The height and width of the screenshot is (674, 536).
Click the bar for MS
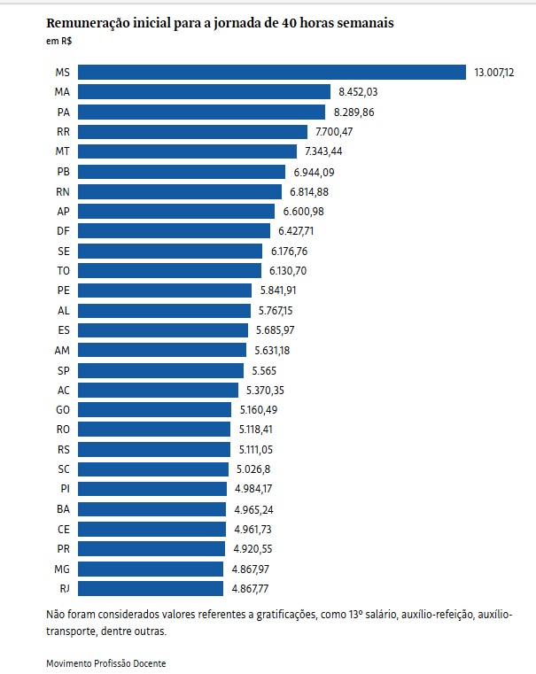[x=272, y=72]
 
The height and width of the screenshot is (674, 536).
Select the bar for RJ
[x=151, y=588]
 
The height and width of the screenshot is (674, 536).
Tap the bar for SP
[x=161, y=370]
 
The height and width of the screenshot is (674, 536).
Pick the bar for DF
[x=175, y=231]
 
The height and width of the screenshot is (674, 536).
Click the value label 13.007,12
[x=493, y=72]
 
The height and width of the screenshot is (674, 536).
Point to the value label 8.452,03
[x=359, y=91]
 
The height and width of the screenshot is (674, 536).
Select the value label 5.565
[x=266, y=370]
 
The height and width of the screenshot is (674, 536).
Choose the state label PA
[x=63, y=112]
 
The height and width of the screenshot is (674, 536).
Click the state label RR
[x=63, y=131]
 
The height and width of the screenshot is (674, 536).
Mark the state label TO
[x=63, y=271]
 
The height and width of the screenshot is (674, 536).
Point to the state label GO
[x=63, y=409]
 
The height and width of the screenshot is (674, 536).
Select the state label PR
[x=63, y=548]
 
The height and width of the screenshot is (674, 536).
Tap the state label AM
[x=62, y=350]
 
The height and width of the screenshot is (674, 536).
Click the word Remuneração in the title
[x=91, y=23]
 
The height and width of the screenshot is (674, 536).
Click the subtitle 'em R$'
[x=59, y=41]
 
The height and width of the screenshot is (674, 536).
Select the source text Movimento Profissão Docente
[x=106, y=662]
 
